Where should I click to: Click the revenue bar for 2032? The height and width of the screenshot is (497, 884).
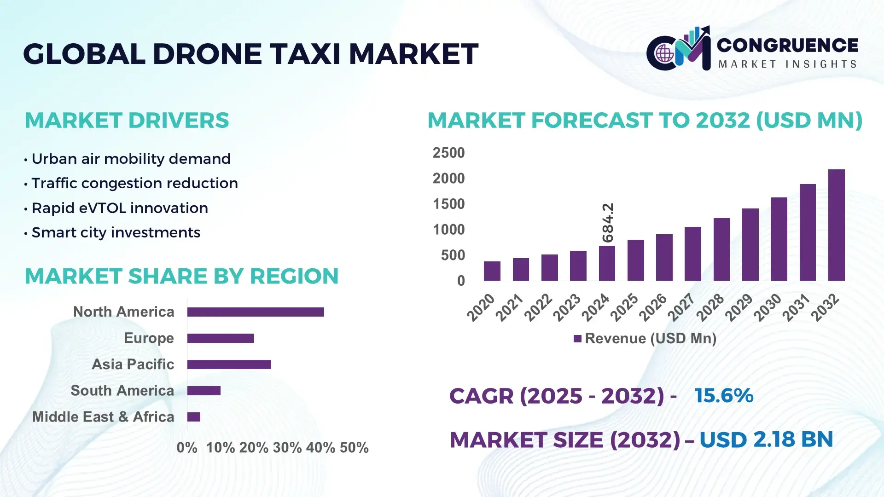(x=836, y=225)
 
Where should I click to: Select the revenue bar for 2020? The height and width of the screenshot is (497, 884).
(x=492, y=271)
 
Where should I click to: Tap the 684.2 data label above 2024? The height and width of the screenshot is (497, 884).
(x=608, y=222)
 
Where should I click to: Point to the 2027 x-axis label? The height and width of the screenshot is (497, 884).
(x=681, y=307)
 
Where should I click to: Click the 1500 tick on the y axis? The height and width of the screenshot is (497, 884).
(x=448, y=204)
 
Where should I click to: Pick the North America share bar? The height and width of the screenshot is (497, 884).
(x=256, y=312)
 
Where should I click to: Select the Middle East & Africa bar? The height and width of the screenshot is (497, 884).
(x=194, y=417)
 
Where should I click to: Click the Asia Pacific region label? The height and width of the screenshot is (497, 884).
(x=133, y=364)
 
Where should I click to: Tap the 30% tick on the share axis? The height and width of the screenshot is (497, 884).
(x=287, y=447)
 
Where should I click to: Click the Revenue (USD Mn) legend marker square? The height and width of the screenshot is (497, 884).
(x=577, y=339)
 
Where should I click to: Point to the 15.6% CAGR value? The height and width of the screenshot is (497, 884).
(x=724, y=396)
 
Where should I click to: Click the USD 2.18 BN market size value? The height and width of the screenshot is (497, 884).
(x=766, y=439)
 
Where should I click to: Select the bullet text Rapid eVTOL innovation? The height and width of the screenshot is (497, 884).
(x=120, y=208)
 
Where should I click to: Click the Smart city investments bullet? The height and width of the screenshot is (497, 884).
(x=116, y=232)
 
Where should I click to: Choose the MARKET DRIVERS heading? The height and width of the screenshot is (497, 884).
(x=127, y=121)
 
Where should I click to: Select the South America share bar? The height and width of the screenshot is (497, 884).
(x=204, y=391)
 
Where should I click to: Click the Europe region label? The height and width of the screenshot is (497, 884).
(x=149, y=338)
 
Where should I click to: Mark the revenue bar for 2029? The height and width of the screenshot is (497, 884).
(x=750, y=244)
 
